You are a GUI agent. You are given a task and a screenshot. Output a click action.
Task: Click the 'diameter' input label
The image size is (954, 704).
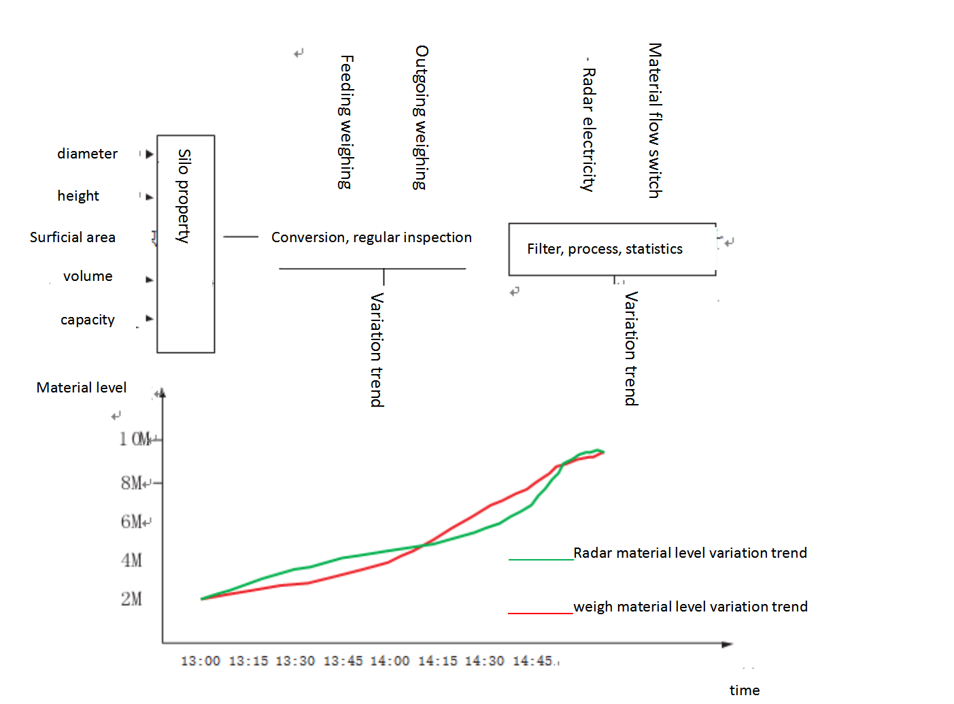[x=87, y=154]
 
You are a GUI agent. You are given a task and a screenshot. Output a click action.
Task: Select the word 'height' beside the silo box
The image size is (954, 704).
[x=78, y=196]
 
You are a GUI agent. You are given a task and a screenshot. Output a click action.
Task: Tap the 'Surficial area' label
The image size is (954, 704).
[x=73, y=237]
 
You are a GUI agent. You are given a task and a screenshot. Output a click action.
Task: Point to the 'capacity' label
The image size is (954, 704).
[x=88, y=320]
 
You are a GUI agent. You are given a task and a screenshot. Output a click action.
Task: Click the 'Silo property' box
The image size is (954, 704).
[x=186, y=244]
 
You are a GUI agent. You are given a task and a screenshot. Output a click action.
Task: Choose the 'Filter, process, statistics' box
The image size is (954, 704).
[x=612, y=249]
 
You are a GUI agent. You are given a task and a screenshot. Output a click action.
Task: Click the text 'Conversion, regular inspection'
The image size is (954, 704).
[x=371, y=237]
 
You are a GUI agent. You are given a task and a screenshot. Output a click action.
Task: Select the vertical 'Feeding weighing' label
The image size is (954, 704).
[x=346, y=122]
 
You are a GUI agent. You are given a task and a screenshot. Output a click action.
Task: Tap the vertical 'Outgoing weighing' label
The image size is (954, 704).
[x=422, y=118]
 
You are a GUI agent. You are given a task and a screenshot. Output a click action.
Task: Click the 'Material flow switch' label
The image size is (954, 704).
[x=655, y=120]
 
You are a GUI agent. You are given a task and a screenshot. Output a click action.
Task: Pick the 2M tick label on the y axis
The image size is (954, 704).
[x=132, y=599]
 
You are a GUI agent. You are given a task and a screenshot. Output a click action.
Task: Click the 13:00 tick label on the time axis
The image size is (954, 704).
[x=201, y=661]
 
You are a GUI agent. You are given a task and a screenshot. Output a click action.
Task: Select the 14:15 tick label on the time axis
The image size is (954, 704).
[x=437, y=661]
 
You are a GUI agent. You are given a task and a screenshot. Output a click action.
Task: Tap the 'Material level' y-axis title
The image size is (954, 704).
[x=82, y=388]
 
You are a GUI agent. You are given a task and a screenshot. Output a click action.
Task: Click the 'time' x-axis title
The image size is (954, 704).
[x=745, y=690]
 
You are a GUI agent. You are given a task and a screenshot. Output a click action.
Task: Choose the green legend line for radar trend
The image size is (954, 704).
[x=541, y=559]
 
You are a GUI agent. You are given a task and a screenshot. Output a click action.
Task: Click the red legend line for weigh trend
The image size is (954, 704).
[x=541, y=613]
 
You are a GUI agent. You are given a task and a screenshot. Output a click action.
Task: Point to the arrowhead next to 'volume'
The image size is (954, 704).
[x=150, y=279]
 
